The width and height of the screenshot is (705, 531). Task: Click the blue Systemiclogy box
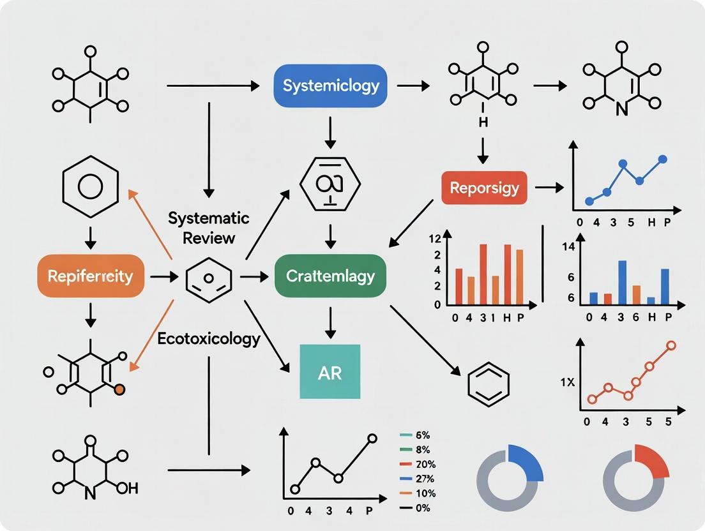[331, 86]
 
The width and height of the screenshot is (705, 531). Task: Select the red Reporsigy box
[484, 188]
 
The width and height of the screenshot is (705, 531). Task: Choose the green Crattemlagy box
[330, 276]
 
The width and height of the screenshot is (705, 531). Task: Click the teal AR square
[330, 372]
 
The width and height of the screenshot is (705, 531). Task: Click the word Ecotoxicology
[208, 338]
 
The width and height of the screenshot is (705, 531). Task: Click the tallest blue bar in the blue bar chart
[622, 282]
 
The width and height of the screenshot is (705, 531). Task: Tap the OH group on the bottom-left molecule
[128, 488]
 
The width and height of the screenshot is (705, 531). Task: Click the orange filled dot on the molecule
[119, 389]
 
